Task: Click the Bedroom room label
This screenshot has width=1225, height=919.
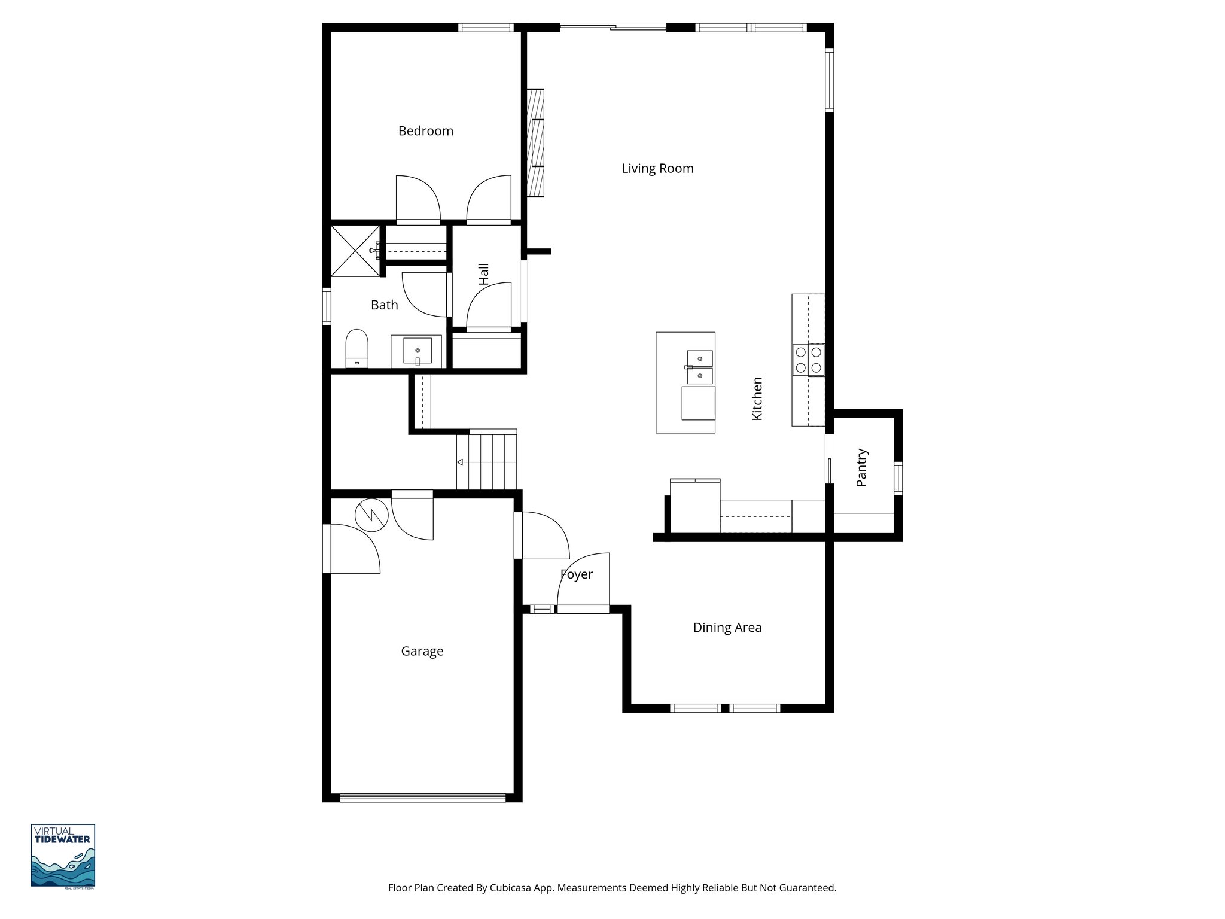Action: (425, 131)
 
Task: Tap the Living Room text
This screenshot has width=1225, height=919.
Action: (657, 169)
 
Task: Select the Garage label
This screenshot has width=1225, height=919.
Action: (422, 651)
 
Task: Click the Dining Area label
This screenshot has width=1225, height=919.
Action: (727, 628)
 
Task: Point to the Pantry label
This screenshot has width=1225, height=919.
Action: (861, 467)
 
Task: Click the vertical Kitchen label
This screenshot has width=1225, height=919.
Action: (757, 398)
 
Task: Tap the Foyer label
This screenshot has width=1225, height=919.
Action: (576, 574)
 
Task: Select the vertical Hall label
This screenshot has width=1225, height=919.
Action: (484, 273)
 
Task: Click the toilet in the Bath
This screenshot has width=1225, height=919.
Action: (356, 348)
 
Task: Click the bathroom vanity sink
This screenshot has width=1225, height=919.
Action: (417, 351)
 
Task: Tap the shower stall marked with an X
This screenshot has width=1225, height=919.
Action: (355, 251)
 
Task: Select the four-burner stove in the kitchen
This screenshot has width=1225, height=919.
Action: (808, 360)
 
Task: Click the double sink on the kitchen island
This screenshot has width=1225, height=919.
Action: (699, 367)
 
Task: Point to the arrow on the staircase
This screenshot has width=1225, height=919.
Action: (460, 462)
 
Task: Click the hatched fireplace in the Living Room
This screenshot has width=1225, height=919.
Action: (535, 142)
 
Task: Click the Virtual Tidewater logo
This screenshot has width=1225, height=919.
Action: (63, 856)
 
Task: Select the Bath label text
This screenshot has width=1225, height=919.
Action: (384, 305)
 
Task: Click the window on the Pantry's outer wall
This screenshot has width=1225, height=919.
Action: (898, 478)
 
